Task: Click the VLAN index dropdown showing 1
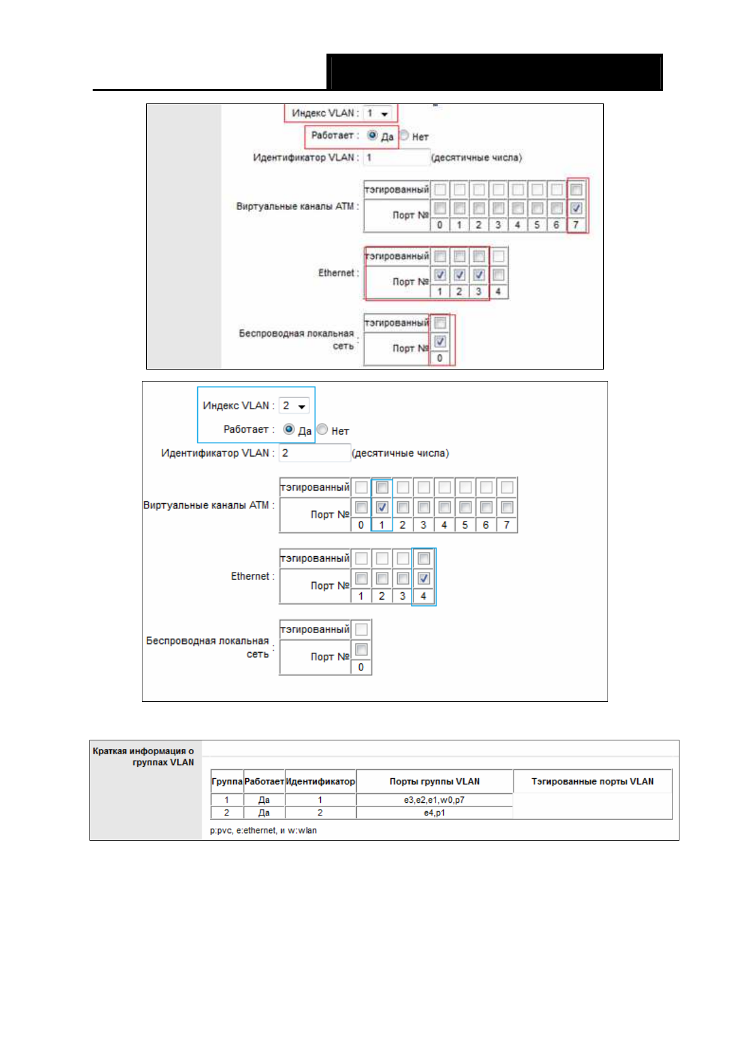(378, 114)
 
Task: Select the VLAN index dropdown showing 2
(294, 406)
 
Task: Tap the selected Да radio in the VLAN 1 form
(372, 136)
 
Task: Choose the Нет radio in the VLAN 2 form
(323, 429)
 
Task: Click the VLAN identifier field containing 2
(314, 453)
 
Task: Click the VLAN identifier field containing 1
(396, 158)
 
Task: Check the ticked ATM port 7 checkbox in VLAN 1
(576, 208)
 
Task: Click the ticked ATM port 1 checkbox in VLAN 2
(382, 507)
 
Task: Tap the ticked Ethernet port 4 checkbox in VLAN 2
(424, 578)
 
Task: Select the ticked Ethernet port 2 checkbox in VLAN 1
(459, 275)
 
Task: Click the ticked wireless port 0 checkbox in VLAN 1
(440, 342)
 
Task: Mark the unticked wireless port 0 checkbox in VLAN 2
(361, 649)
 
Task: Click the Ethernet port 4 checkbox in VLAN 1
(499, 275)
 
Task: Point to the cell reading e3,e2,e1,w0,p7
(434, 800)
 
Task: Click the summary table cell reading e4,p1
(434, 813)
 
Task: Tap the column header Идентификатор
(320, 781)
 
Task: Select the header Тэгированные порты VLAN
(592, 781)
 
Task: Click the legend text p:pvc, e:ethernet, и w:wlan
(263, 831)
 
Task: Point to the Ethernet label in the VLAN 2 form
(250, 576)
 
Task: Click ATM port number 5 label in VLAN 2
(465, 525)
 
